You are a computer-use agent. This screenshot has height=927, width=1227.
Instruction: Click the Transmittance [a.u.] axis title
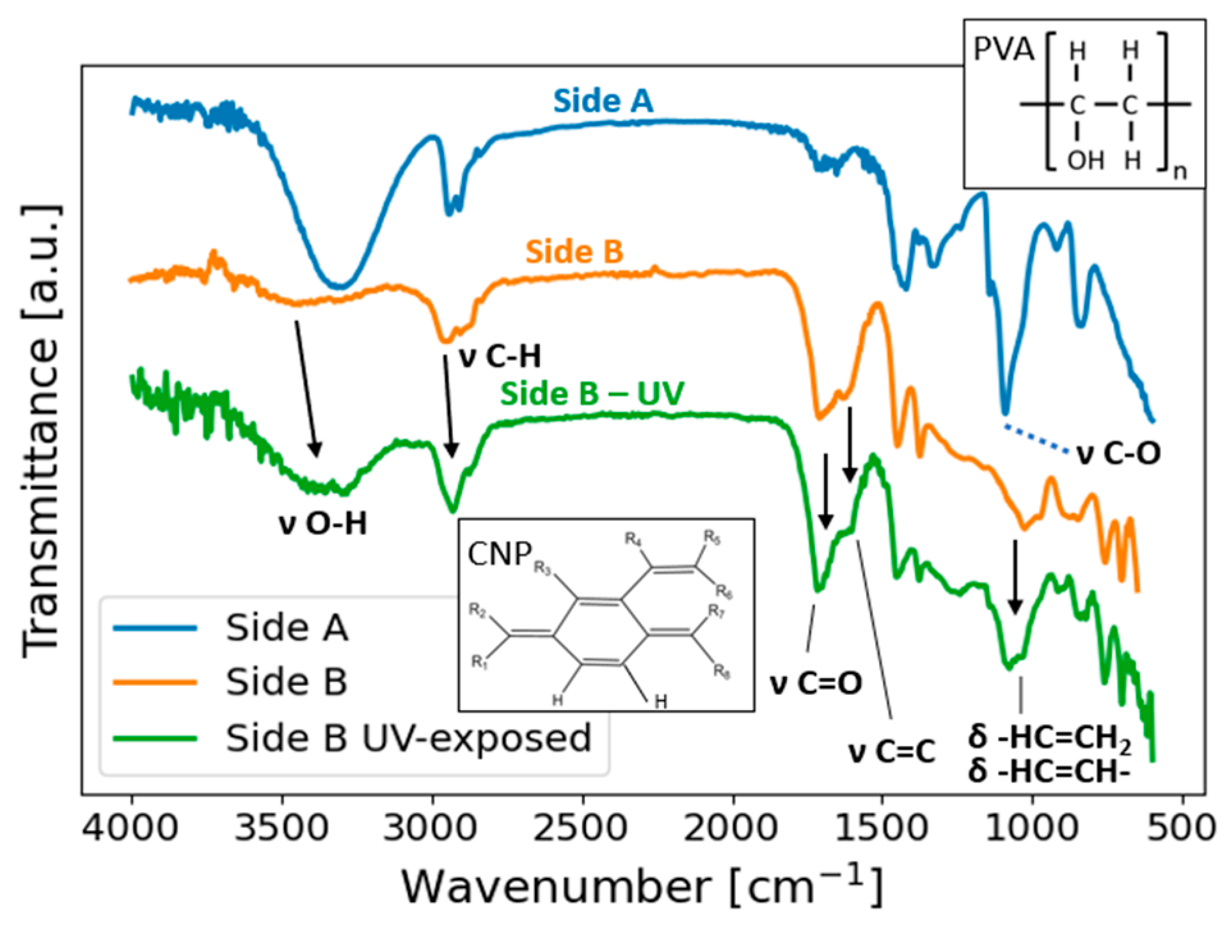click(x=42, y=432)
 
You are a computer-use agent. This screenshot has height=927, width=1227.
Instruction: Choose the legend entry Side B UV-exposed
click(x=408, y=738)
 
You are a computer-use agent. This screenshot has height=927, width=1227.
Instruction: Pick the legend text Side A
click(x=287, y=628)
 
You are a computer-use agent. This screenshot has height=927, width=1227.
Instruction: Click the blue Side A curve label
click(x=603, y=101)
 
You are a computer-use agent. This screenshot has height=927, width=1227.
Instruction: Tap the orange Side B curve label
click(x=574, y=251)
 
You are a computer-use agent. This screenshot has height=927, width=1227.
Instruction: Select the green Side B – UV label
click(x=592, y=393)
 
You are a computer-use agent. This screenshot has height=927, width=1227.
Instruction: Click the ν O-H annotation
click(x=323, y=524)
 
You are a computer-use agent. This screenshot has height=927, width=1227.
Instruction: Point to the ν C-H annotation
click(x=500, y=356)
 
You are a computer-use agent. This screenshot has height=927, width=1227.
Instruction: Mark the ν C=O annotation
click(x=816, y=683)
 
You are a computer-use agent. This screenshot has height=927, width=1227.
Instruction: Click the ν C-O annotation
click(x=1118, y=454)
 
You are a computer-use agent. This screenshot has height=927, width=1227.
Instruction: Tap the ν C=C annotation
click(x=892, y=752)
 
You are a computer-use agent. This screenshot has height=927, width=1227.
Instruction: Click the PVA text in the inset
click(x=1003, y=49)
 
